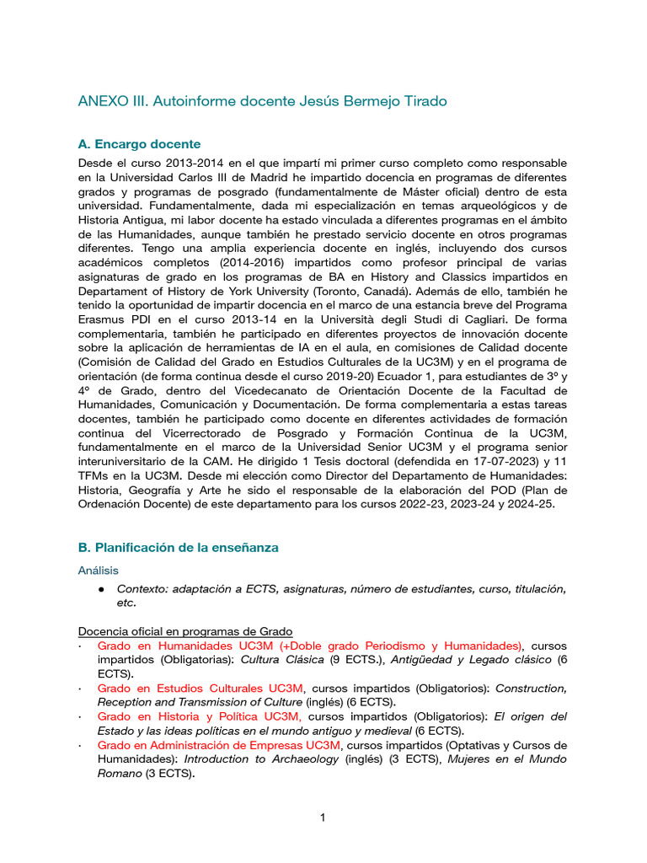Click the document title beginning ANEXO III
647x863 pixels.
click(262, 101)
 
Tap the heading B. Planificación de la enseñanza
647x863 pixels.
click(178, 547)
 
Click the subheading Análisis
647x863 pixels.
click(99, 571)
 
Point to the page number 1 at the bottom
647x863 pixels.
click(323, 817)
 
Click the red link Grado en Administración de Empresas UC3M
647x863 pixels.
click(219, 745)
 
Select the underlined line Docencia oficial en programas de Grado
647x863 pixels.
click(185, 631)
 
